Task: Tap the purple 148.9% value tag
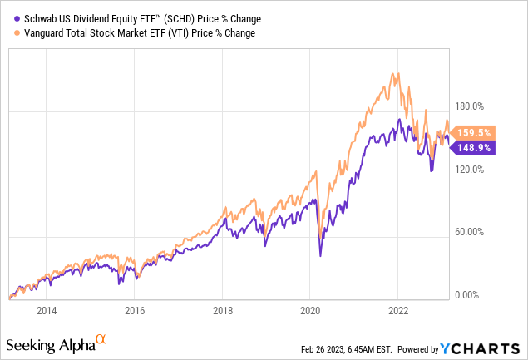click(x=475, y=148)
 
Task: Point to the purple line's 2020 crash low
click(x=321, y=256)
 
